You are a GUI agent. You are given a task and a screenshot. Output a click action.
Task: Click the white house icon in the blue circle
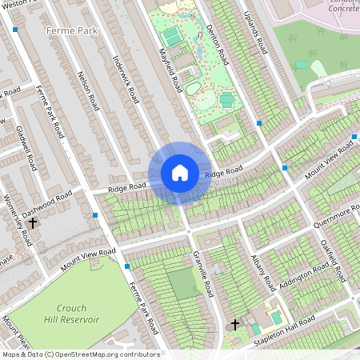(x=180, y=173)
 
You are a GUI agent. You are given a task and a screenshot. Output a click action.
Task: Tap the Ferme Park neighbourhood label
(x=71, y=30)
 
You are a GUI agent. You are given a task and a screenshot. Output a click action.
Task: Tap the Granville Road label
(x=203, y=274)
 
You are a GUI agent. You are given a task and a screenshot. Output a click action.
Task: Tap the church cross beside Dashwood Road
(x=33, y=223)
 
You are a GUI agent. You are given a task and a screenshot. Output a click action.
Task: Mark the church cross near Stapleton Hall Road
(x=235, y=325)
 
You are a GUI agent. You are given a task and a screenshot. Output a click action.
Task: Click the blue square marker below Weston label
(x=15, y=30)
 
